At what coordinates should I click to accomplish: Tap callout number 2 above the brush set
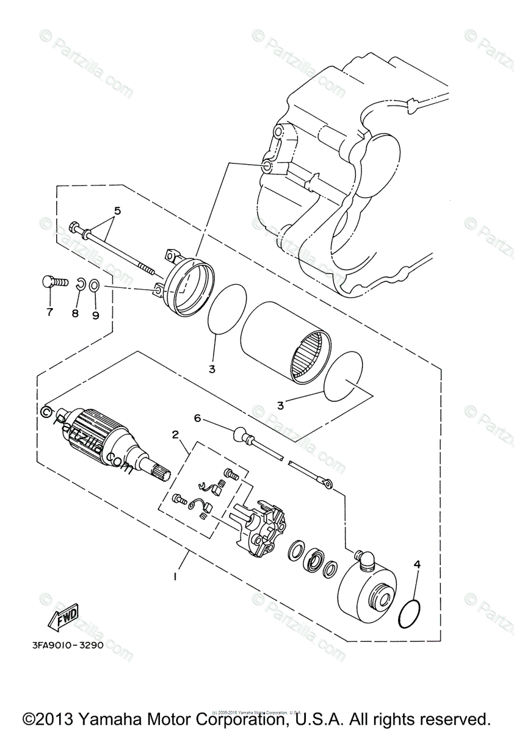175,435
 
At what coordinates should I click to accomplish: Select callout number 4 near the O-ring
417,564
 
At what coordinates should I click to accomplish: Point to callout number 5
117,211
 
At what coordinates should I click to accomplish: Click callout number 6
197,418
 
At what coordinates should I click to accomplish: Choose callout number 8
76,314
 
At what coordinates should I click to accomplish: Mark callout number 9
96,315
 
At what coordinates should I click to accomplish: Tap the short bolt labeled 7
52,282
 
